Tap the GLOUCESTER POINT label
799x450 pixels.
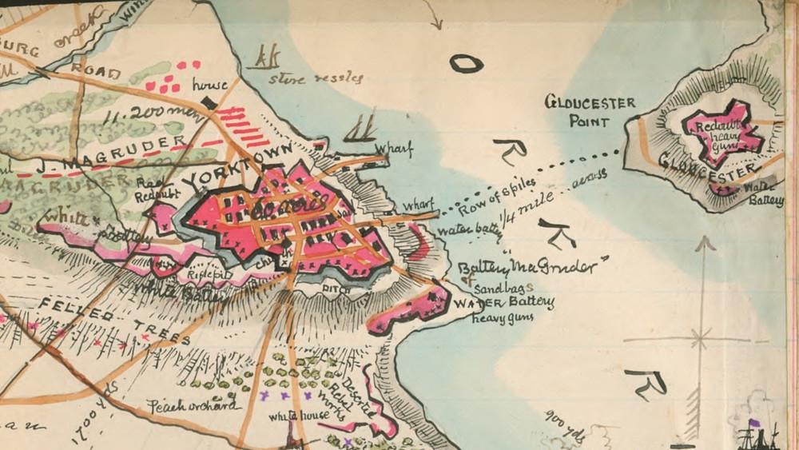point(590,112)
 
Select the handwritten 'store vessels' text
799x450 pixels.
point(316,78)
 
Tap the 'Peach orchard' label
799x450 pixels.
point(193,405)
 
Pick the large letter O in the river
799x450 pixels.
point(465,63)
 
